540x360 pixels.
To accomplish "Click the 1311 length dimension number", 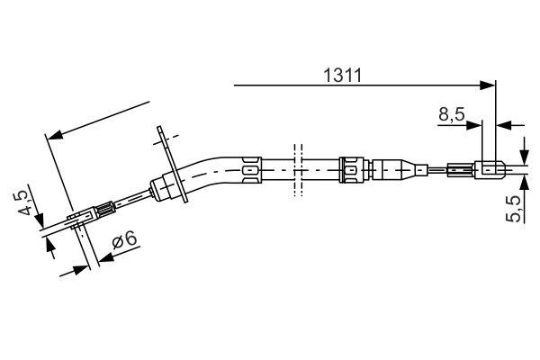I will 343,76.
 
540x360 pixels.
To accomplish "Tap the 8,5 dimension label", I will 452,115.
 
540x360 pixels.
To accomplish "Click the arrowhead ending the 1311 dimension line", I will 490,86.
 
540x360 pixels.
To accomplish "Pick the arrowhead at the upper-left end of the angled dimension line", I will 52,137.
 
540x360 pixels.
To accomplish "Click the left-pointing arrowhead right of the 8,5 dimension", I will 502,123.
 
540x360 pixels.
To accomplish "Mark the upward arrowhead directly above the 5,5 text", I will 525,178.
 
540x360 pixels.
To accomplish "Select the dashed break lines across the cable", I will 294,167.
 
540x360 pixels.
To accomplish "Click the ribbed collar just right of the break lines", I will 352,167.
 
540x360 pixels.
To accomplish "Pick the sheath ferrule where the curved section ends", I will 249,166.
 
